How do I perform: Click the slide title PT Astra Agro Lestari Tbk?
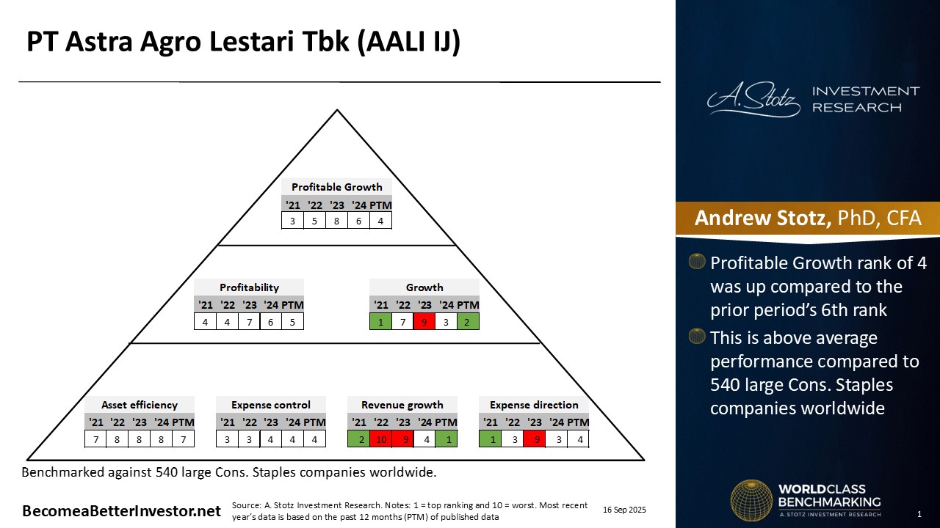click(243, 43)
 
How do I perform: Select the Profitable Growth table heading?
click(336, 187)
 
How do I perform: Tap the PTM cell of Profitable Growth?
click(380, 220)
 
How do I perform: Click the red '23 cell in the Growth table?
click(424, 320)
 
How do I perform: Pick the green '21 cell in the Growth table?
click(380, 320)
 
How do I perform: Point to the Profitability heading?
click(249, 287)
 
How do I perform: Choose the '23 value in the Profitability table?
click(249, 320)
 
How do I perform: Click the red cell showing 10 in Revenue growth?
click(380, 439)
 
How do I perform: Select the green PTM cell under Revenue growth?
click(446, 439)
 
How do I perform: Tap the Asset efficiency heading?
click(140, 405)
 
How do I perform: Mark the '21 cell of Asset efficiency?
click(95, 439)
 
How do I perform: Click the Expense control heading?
click(271, 405)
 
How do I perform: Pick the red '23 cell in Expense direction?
click(534, 439)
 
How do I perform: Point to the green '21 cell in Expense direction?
click(490, 439)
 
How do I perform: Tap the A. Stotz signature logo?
click(753, 100)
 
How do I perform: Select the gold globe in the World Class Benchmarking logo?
click(751, 500)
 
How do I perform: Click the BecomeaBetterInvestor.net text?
click(121, 511)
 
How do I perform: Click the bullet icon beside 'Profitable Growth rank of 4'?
click(697, 262)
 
